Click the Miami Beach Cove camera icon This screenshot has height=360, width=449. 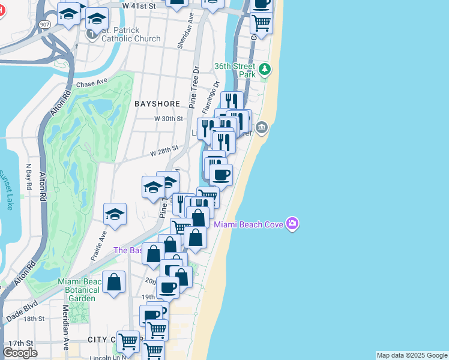click(x=292, y=224)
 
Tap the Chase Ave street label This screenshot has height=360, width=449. click(x=91, y=82)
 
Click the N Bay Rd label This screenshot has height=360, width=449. click(x=29, y=178)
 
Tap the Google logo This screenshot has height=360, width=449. click(x=20, y=352)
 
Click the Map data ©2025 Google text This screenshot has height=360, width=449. click(x=411, y=355)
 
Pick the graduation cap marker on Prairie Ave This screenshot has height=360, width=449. click(x=115, y=214)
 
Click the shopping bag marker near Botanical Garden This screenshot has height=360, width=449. click(x=113, y=282)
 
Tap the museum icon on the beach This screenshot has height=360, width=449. click(x=261, y=127)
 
